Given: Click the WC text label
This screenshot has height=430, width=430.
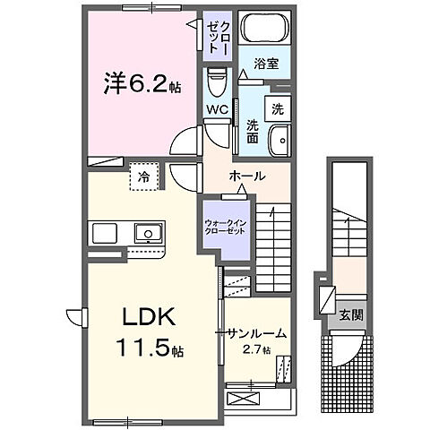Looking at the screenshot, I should (217, 110).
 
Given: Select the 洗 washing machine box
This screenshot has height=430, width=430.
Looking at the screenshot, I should (278, 109).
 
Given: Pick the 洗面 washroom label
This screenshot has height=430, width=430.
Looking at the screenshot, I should (253, 133).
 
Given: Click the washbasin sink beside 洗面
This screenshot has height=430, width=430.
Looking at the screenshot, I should (279, 139).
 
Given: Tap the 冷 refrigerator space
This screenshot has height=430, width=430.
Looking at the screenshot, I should (143, 177).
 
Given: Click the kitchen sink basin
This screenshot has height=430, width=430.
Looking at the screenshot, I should (146, 234).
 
